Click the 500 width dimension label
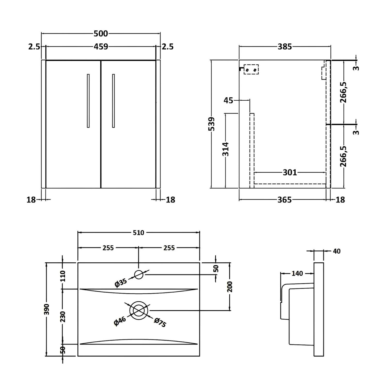point(101,34)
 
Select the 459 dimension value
point(101,47)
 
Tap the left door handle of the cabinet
point(88,101)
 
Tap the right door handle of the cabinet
point(113,101)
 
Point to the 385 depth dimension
point(285,47)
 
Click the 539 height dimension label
point(212,124)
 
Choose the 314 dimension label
point(225,149)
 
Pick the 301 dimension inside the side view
point(290,172)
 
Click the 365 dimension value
point(284,199)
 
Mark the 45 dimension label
point(228,100)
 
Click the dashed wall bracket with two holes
point(251,69)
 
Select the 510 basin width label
point(139,233)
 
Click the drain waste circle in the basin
point(139,310)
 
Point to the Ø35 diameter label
point(121,283)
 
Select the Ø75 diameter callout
point(160,322)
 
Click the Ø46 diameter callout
point(120,321)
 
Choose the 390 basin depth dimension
point(46,309)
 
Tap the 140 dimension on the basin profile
point(297,273)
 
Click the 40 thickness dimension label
point(337,251)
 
